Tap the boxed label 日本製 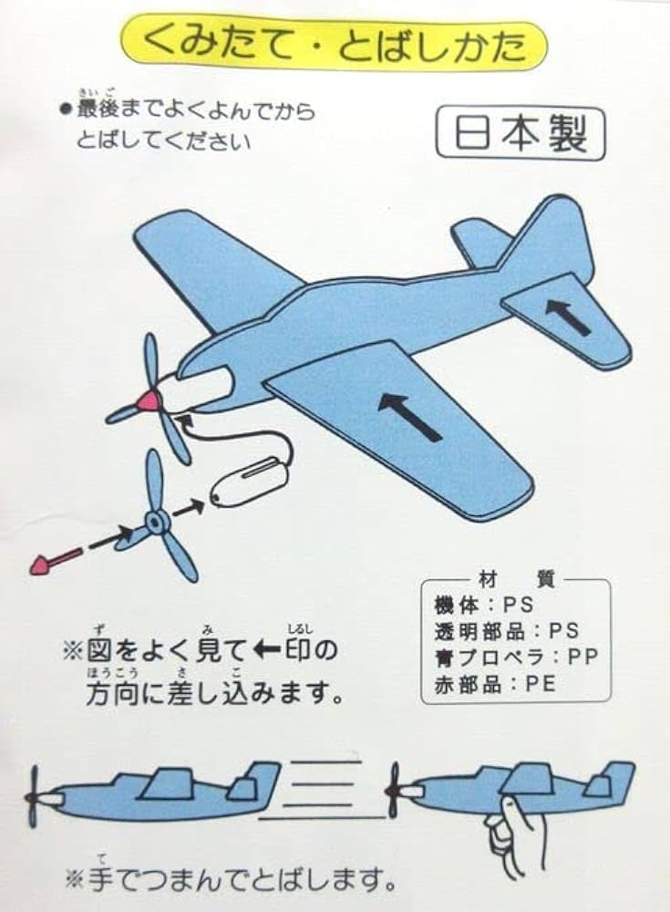pos(519,136)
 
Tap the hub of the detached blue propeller pos(156,523)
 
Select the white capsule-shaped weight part pos(248,482)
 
